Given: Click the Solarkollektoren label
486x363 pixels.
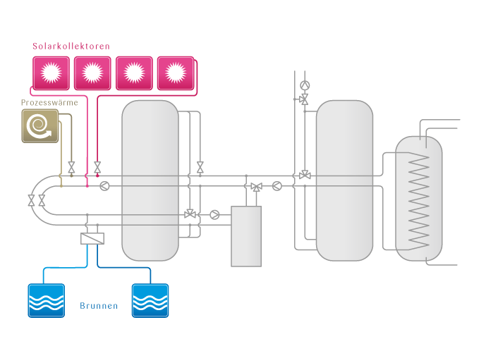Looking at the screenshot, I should point(71,47).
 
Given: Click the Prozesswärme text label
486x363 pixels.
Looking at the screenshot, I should point(49,103).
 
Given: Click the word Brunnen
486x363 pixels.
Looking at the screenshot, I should point(98,307).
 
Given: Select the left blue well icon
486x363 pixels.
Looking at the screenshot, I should point(46,300).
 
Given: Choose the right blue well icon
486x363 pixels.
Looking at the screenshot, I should point(150,300).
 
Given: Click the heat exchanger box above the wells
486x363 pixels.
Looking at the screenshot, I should point(92,239).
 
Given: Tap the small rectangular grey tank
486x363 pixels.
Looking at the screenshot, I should point(246,236).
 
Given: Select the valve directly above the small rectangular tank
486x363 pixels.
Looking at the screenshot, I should point(256,187).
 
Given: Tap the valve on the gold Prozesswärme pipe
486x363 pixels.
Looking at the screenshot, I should point(71,168).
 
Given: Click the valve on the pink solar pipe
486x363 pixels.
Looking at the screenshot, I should point(97,168).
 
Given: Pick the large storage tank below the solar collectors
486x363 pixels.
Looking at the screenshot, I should point(150,180).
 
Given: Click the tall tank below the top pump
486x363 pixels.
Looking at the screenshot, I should point(344,180).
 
